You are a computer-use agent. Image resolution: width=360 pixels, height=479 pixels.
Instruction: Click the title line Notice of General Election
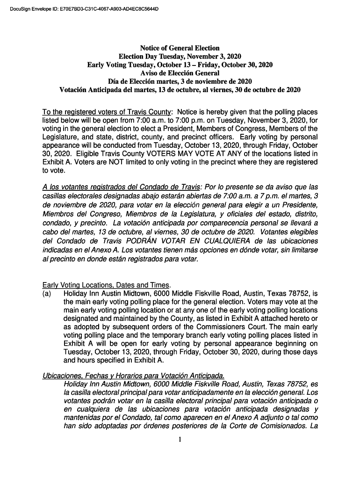(180, 48)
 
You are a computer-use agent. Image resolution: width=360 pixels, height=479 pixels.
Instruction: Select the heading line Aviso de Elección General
(180, 73)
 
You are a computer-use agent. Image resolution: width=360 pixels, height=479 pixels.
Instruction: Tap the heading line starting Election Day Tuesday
(180, 56)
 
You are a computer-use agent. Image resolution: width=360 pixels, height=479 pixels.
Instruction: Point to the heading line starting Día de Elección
(180, 81)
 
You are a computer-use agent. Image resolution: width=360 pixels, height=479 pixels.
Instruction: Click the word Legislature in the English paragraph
(61, 137)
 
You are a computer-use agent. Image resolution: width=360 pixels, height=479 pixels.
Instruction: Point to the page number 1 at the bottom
(180, 439)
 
